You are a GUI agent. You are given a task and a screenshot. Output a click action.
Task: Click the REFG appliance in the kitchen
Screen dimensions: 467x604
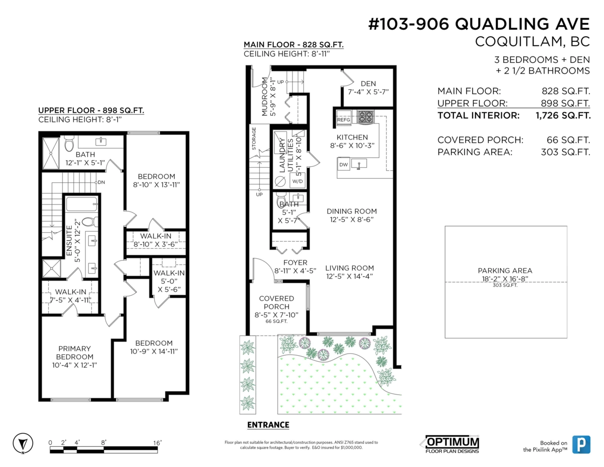[x=344, y=120]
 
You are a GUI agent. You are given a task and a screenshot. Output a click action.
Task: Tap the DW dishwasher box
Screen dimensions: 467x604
[x=344, y=165]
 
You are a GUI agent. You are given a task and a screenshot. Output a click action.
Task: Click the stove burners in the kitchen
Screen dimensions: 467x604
[x=365, y=117]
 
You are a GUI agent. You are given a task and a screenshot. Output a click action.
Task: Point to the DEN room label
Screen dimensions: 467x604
[x=368, y=84]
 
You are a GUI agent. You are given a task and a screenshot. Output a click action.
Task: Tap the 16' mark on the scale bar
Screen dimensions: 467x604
[x=158, y=442]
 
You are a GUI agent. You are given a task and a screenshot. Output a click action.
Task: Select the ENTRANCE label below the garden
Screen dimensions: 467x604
[x=268, y=425]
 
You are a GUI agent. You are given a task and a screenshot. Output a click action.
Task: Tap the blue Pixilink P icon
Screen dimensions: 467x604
[x=581, y=444]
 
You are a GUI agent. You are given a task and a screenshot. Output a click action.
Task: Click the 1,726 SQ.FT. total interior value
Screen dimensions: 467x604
[x=560, y=115]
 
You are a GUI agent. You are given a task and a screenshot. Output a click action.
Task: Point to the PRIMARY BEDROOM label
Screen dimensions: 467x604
[x=74, y=349]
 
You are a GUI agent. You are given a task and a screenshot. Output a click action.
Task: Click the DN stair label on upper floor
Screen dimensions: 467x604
[x=101, y=182]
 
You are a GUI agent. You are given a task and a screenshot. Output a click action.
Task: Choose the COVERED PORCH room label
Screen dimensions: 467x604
[x=276, y=302]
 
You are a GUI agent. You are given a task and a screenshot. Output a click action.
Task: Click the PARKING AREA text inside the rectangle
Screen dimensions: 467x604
[x=505, y=271]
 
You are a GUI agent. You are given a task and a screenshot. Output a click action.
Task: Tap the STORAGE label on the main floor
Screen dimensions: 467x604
[x=254, y=139]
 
